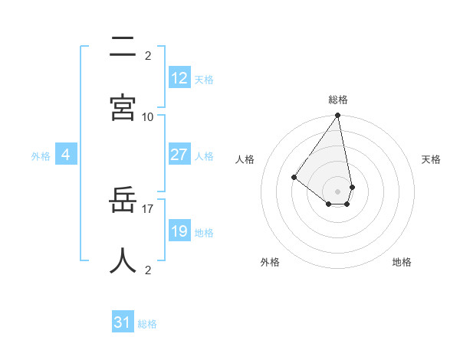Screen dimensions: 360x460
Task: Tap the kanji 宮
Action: (x=123, y=108)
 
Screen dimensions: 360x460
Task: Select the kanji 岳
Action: (x=123, y=201)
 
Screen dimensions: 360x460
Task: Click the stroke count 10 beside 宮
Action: (x=148, y=116)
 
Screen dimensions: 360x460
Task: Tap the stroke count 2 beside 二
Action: (x=148, y=55)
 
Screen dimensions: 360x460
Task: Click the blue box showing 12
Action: (x=179, y=78)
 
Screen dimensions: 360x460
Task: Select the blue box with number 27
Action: (x=179, y=155)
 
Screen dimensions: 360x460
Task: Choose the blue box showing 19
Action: (x=179, y=231)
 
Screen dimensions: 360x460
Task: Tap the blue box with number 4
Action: (x=66, y=155)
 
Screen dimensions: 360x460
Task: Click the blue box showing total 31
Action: (x=122, y=323)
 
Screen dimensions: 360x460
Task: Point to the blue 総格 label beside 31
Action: (x=147, y=324)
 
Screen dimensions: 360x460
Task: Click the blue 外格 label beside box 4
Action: (x=41, y=156)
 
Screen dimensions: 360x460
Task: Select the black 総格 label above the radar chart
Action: (x=338, y=100)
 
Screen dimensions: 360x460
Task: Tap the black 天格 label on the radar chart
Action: (x=432, y=159)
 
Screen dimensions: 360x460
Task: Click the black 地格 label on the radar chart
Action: (x=402, y=262)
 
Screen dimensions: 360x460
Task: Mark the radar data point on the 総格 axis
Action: (x=338, y=116)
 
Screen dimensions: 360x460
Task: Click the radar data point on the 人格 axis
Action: (x=294, y=177)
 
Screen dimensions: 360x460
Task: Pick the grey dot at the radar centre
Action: (x=338, y=191)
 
